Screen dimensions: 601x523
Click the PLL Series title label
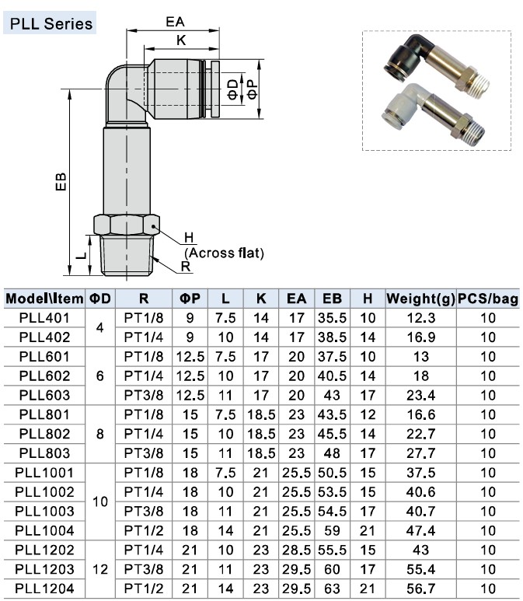tap(51, 23)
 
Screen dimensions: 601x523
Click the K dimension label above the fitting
tap(180, 40)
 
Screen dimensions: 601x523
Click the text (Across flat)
tap(225, 253)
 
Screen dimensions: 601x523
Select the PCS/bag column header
tap(488, 299)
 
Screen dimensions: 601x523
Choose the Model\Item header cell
tap(44, 299)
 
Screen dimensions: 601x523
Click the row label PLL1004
tap(44, 530)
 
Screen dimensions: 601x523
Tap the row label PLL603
tap(44, 395)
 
